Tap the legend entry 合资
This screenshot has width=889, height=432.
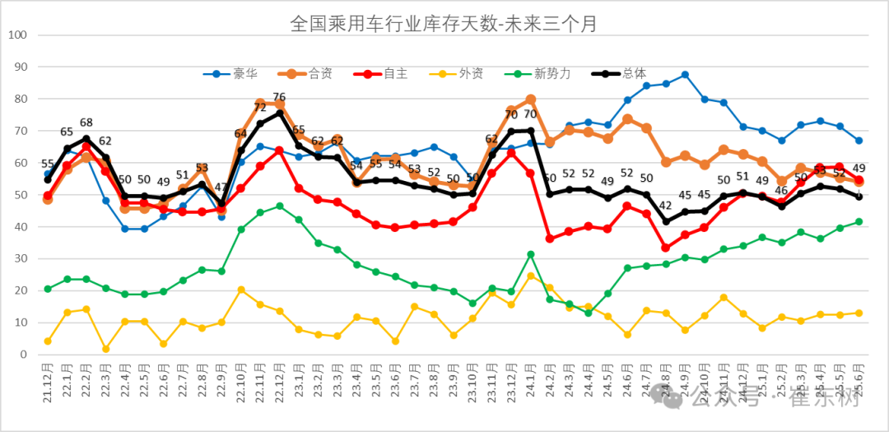(320, 73)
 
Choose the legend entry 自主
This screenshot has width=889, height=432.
(395, 73)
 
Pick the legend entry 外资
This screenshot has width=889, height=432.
(471, 73)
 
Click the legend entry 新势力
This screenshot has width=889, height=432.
(552, 73)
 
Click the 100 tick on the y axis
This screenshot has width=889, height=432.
(18, 35)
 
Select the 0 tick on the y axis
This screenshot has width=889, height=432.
(24, 355)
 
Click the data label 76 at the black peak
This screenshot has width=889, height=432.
(279, 98)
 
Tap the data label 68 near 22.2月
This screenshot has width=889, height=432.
(86, 123)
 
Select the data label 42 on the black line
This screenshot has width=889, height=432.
(665, 206)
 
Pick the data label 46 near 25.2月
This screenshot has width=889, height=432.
(781, 191)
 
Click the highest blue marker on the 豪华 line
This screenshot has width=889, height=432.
(685, 75)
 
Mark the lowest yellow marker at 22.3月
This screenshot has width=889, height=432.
(105, 349)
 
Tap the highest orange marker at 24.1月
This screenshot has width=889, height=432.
(530, 100)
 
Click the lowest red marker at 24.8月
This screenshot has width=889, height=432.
(665, 248)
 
